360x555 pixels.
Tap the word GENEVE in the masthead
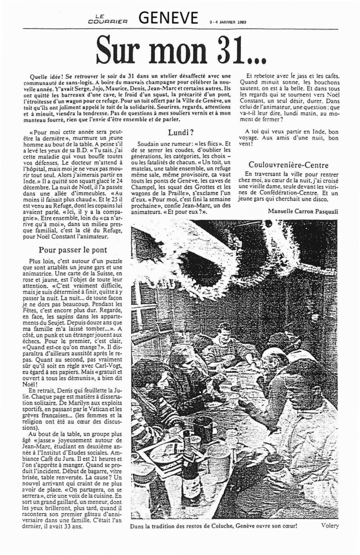(168, 18)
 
